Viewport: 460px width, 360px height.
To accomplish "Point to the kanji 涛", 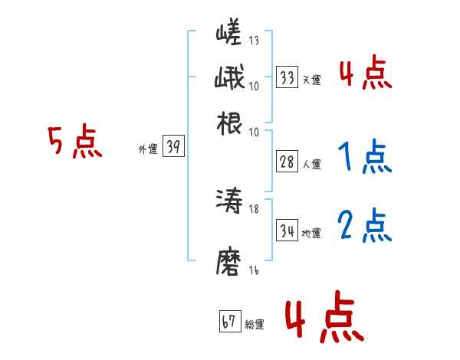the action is click(230, 203).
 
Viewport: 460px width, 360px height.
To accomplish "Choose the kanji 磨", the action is click(230, 262).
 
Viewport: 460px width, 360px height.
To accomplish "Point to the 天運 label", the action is click(312, 80).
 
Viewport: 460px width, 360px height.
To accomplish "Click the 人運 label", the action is click(312, 164).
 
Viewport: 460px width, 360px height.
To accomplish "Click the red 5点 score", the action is click(74, 142).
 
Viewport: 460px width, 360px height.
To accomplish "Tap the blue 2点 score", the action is click(364, 226).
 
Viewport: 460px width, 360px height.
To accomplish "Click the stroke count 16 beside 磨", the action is click(253, 270).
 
